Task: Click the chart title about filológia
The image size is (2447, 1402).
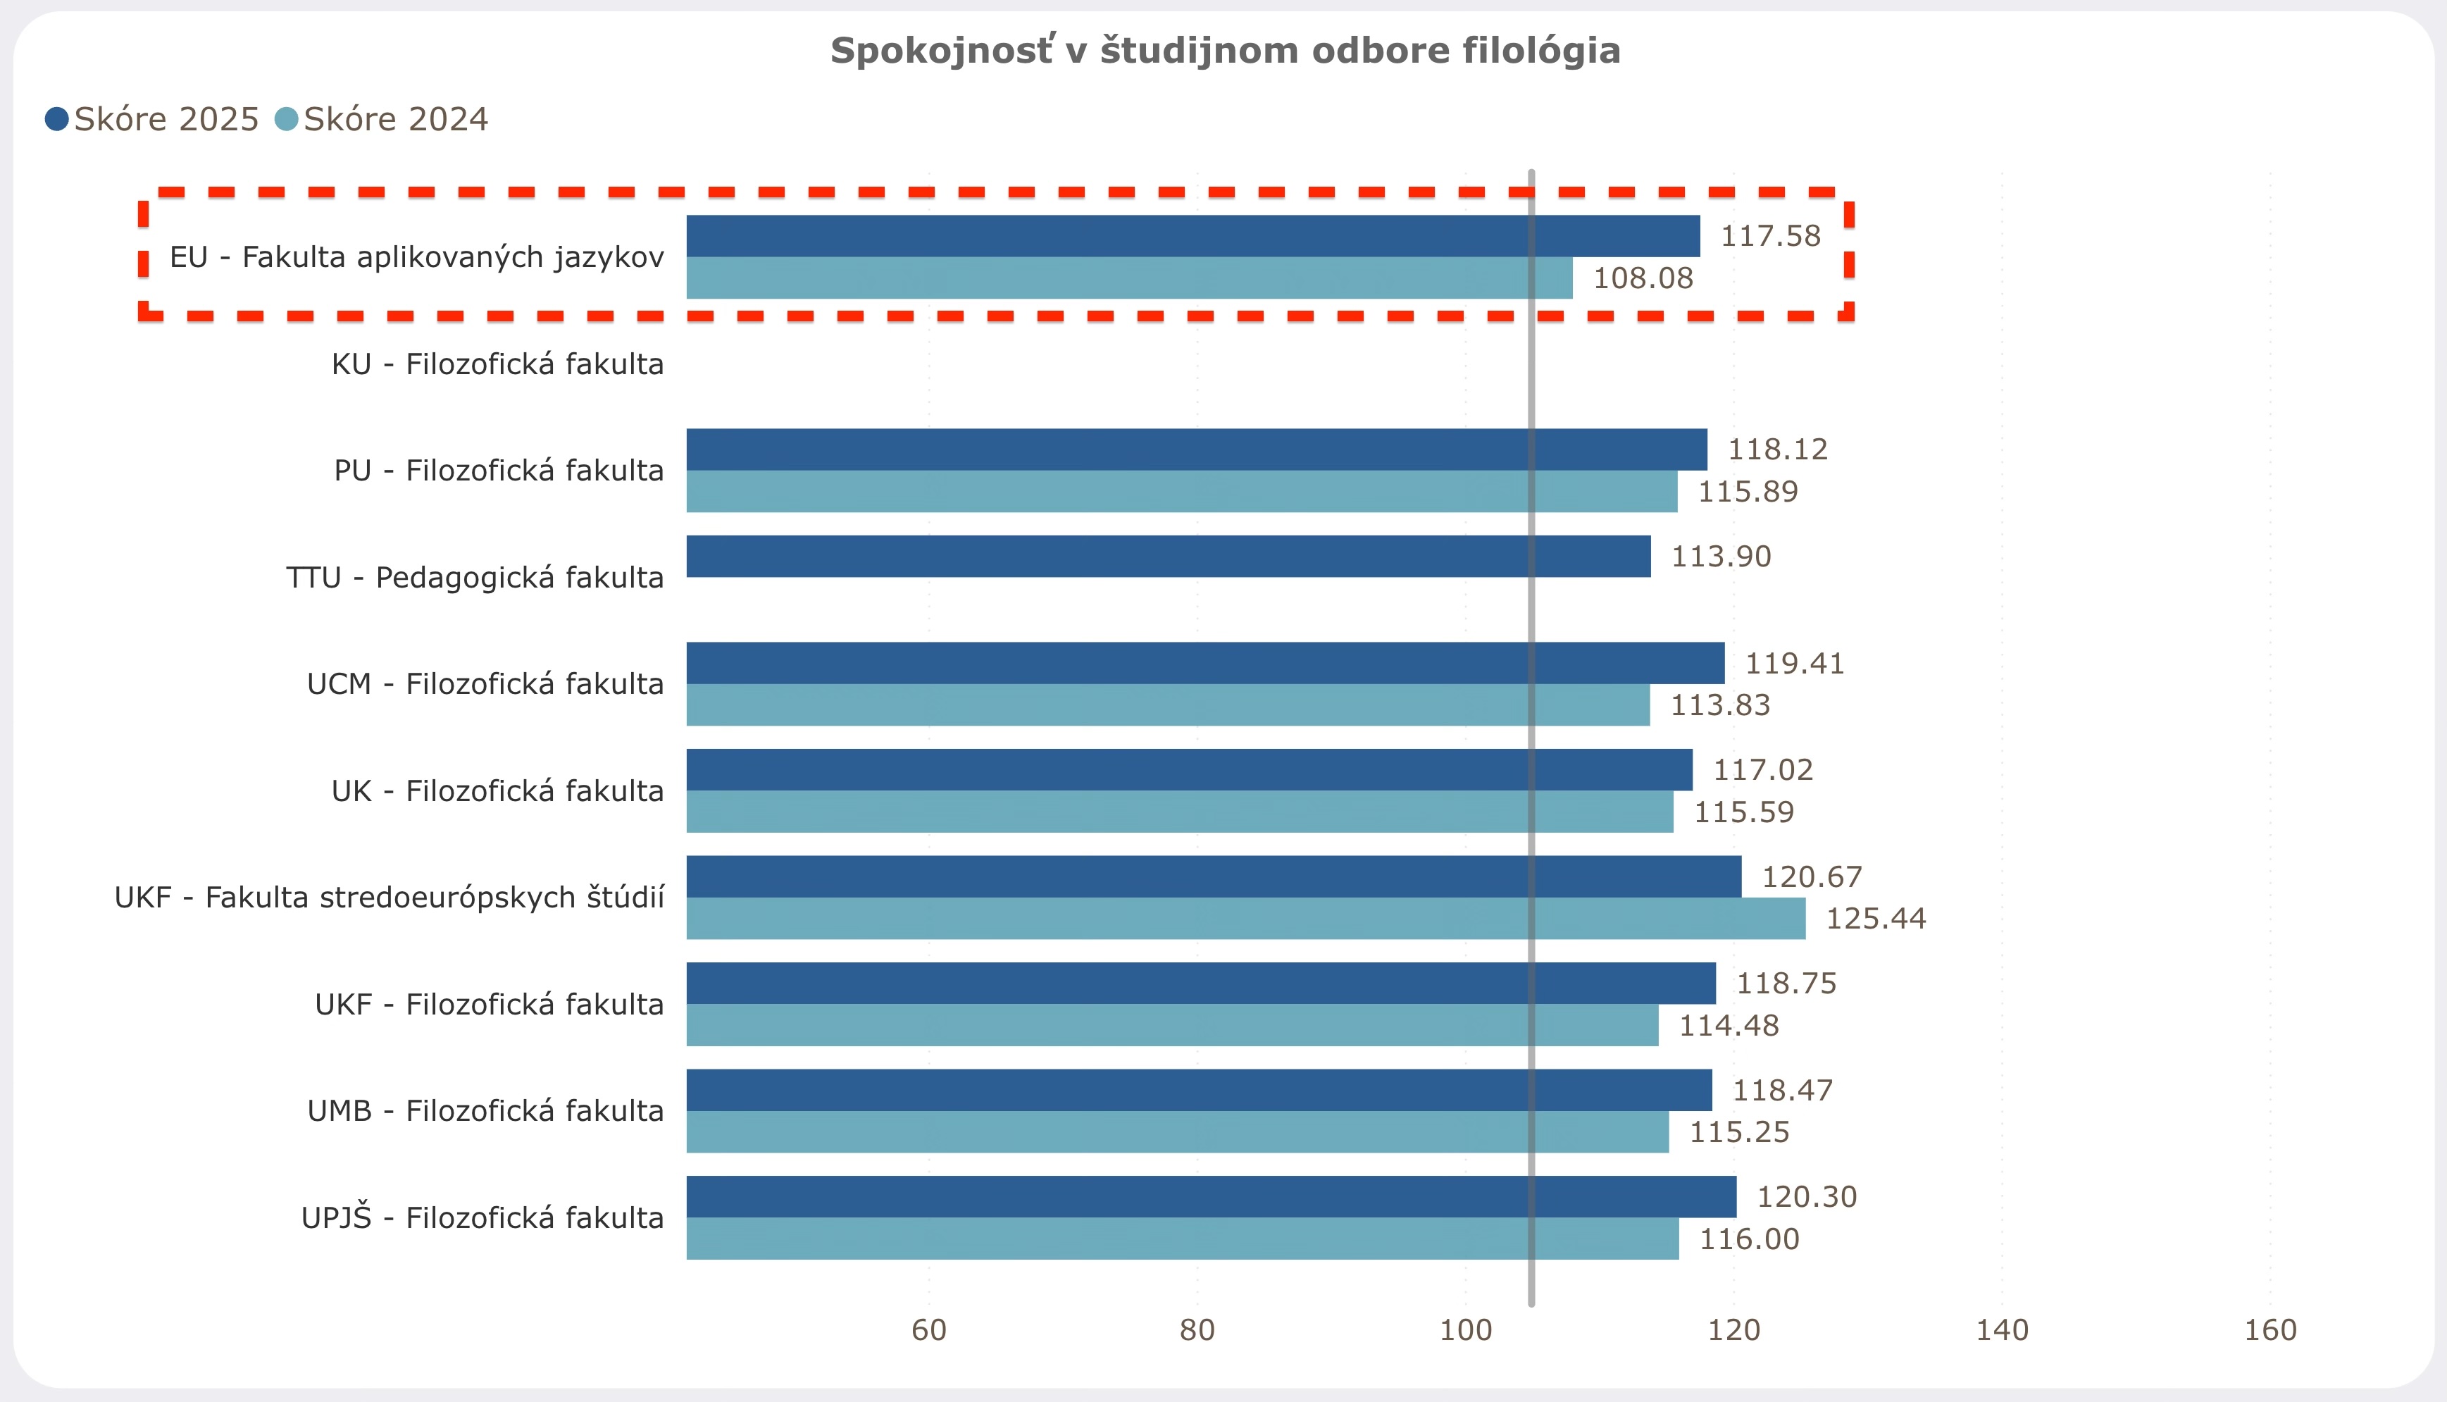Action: (x=1224, y=50)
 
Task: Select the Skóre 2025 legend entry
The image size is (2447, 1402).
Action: (x=152, y=119)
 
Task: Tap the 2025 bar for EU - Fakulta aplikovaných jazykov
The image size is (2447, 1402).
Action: (x=1193, y=236)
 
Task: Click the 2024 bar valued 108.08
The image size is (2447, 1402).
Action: (x=1129, y=278)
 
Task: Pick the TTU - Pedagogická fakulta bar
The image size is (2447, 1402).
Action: (x=1168, y=557)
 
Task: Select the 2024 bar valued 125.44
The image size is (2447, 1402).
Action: (x=1245, y=919)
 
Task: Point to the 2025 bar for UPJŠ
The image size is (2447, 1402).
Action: (x=1211, y=1197)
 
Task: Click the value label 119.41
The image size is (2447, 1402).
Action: (x=1794, y=664)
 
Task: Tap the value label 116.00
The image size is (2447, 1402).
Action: (x=1749, y=1239)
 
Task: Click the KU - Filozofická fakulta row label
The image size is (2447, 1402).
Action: (x=498, y=364)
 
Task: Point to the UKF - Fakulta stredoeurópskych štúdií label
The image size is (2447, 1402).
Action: (x=389, y=898)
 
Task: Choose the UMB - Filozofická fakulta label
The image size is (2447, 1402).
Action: (x=485, y=1111)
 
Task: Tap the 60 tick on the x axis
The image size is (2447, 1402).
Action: (x=929, y=1329)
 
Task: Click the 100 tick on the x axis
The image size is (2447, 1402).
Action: (x=1465, y=1329)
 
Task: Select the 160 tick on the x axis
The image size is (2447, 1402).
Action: (x=2270, y=1329)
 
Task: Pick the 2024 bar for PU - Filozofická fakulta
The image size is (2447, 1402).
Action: (x=1181, y=492)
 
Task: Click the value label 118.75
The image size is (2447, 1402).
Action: (x=1786, y=983)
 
